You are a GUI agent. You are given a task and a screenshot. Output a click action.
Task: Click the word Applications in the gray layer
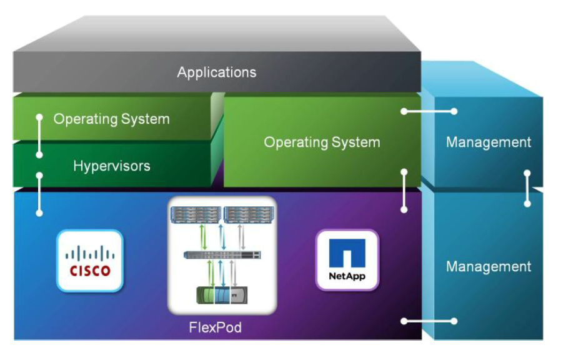[x=216, y=72]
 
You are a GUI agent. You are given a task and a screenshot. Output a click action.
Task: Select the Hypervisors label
[x=111, y=166]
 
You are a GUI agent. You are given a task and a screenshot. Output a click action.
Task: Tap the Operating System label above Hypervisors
[x=111, y=119]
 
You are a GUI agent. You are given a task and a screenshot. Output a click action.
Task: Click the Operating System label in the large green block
[x=322, y=142]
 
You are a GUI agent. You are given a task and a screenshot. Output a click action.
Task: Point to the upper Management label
[x=489, y=142]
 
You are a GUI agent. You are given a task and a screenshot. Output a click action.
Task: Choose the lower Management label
[x=489, y=266]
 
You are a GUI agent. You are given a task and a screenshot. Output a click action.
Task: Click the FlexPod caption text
[x=215, y=327]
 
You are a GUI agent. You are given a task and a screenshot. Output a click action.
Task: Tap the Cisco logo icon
[x=89, y=261]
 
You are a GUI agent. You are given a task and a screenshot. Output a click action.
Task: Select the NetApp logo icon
[x=347, y=260]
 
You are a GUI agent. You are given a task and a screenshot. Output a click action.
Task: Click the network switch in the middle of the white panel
[x=222, y=255]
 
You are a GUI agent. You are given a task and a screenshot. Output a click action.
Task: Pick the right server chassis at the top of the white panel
[x=248, y=214]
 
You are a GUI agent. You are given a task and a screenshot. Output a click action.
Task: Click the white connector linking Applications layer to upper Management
[x=429, y=111]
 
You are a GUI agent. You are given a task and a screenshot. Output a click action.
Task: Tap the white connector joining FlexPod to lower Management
[x=429, y=321]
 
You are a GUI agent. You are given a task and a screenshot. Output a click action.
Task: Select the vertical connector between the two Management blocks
[x=527, y=188]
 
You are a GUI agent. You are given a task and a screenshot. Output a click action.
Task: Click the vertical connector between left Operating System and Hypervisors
[x=39, y=136]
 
